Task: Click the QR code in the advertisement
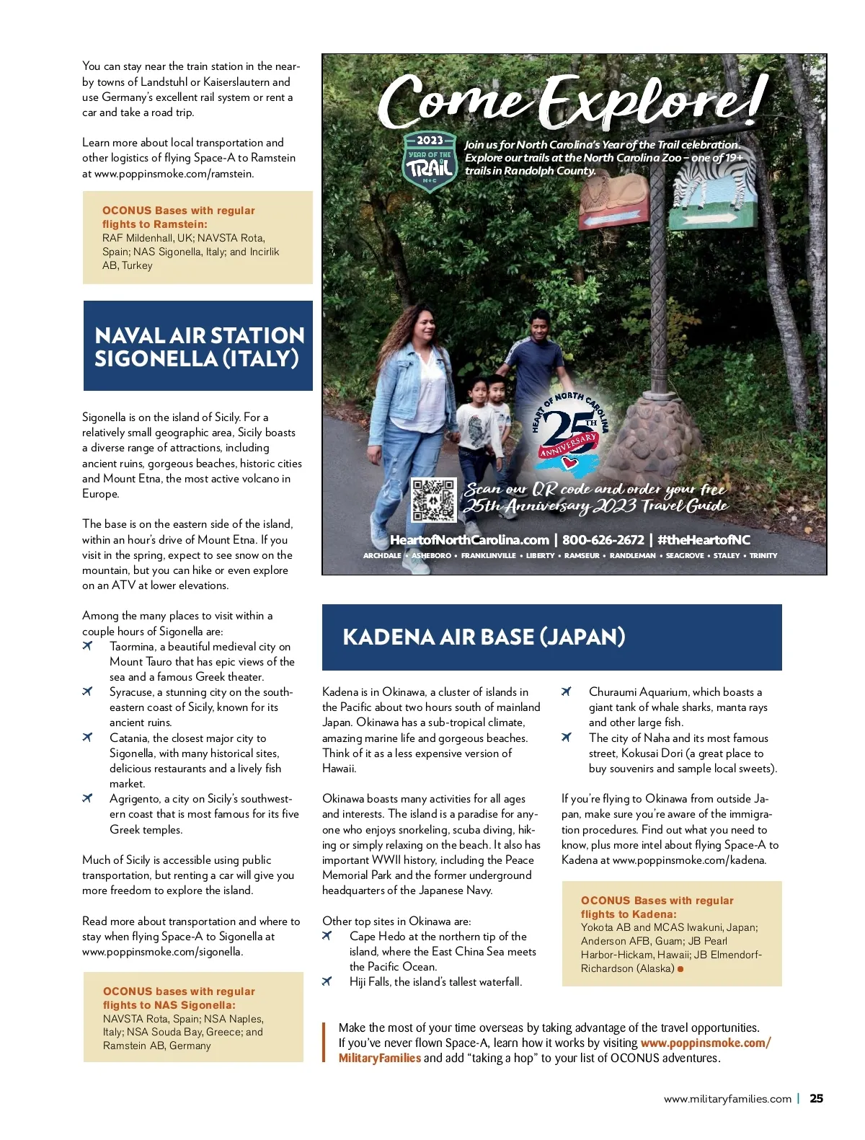433,500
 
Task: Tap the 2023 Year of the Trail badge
430,162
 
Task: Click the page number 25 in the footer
816,1099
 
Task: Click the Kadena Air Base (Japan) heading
484,637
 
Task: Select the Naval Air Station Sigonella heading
199,347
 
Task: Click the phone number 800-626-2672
603,540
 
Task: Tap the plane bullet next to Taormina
87,646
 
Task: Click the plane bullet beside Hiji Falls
327,981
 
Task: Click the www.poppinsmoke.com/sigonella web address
162,952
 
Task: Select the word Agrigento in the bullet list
135,799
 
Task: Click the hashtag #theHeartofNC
704,540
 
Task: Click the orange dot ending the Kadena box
680,968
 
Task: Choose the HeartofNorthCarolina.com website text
469,540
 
